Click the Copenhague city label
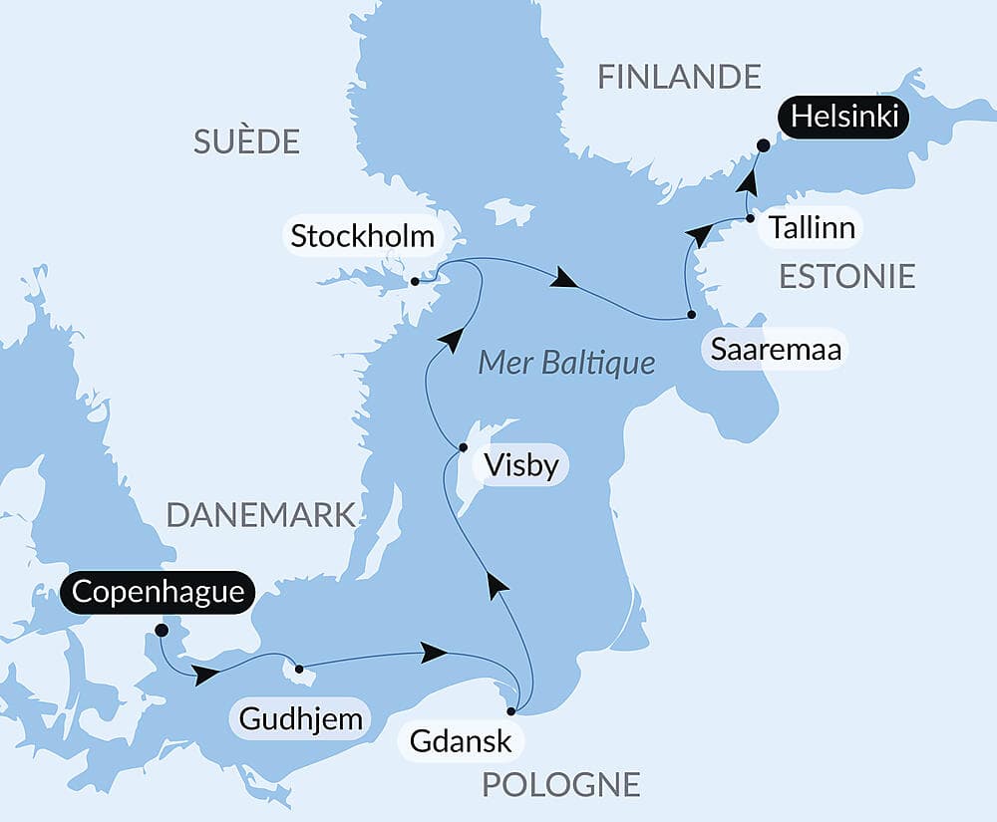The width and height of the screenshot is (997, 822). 159,592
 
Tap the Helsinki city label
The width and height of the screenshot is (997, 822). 844,118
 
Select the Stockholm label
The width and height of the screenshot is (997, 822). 362,237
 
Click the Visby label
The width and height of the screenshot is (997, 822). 519,465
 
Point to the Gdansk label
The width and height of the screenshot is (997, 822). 460,740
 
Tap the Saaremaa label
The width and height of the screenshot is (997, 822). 776,350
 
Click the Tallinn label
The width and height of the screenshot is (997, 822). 812,228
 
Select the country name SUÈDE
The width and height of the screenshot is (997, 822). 246,141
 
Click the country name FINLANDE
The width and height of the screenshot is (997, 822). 679,77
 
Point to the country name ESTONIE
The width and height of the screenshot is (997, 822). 847,276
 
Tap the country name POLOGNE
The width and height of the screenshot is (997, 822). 560,784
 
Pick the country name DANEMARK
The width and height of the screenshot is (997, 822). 260,514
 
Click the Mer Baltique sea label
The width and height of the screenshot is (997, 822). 566,362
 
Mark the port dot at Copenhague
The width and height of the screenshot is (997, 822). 162,630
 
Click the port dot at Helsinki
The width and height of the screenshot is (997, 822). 763,145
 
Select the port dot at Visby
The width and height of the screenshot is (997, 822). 463,447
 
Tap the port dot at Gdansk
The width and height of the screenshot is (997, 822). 511,711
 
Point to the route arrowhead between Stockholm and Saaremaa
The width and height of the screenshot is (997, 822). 564,279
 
